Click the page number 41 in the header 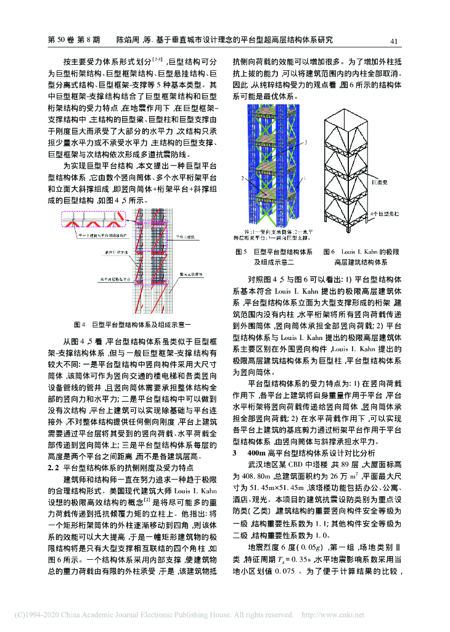tap(395, 41)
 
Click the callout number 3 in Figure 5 tap(306, 143)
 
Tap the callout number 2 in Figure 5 tap(244, 177)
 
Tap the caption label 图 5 tap(241, 252)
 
